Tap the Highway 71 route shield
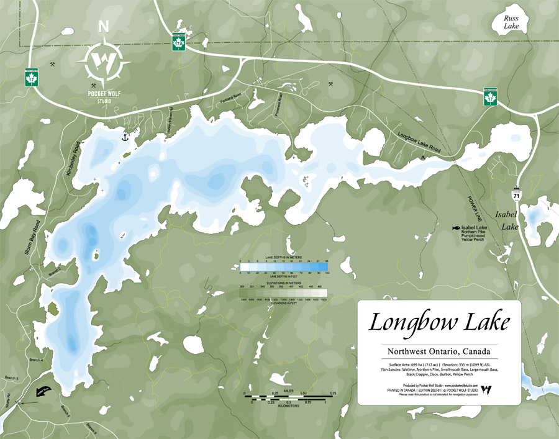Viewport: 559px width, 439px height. coord(517,195)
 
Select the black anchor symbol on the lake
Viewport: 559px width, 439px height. coord(124,136)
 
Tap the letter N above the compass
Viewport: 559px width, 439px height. coord(104,27)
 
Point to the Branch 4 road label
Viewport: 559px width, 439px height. coord(36,360)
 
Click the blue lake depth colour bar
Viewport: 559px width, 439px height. coord(284,268)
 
